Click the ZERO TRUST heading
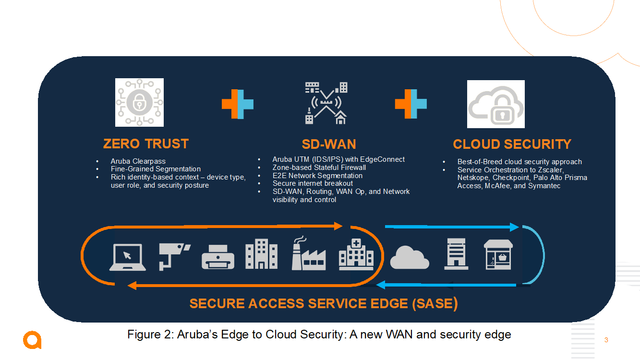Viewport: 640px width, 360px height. pos(146,144)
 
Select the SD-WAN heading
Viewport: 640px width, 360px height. pos(329,144)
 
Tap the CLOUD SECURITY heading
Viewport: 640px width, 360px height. pos(512,144)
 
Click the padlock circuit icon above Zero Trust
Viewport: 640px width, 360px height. pos(139,102)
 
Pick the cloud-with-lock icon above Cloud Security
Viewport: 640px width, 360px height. pos(495,104)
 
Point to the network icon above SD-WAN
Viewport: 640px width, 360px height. pos(326,103)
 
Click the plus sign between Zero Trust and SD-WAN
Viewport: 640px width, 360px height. pos(237,104)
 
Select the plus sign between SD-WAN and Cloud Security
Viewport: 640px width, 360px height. pos(411,104)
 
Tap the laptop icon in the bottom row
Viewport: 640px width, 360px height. pos(127,258)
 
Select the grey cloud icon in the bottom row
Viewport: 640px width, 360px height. pos(410,258)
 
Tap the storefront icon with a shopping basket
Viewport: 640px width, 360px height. pos(498,255)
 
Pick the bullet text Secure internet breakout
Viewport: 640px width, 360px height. pos(313,183)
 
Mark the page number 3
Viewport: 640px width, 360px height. pos(606,340)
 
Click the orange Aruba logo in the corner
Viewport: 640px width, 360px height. pos(32,340)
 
